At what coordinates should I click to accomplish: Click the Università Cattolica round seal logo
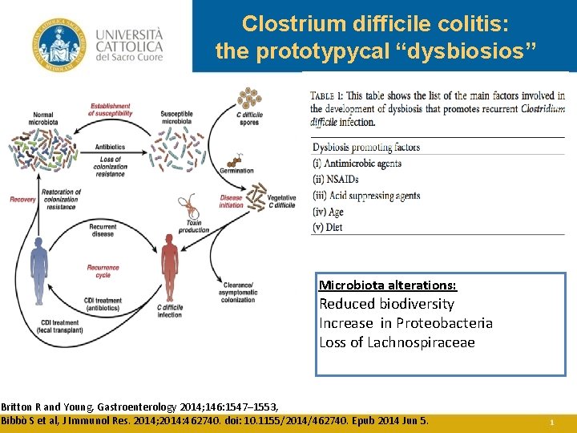coord(58,47)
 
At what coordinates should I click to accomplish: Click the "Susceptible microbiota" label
coord(176,118)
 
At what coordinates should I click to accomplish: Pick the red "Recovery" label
coord(22,199)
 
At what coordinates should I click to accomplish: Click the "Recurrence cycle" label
coord(103,271)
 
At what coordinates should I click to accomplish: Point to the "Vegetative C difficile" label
coord(280,201)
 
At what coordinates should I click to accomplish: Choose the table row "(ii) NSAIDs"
coord(335,180)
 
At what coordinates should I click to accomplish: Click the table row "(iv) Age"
coord(328,212)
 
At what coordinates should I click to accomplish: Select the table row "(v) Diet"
coord(328,228)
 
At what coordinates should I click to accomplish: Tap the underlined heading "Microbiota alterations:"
coord(388,285)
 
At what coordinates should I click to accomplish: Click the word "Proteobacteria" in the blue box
coord(449,323)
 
